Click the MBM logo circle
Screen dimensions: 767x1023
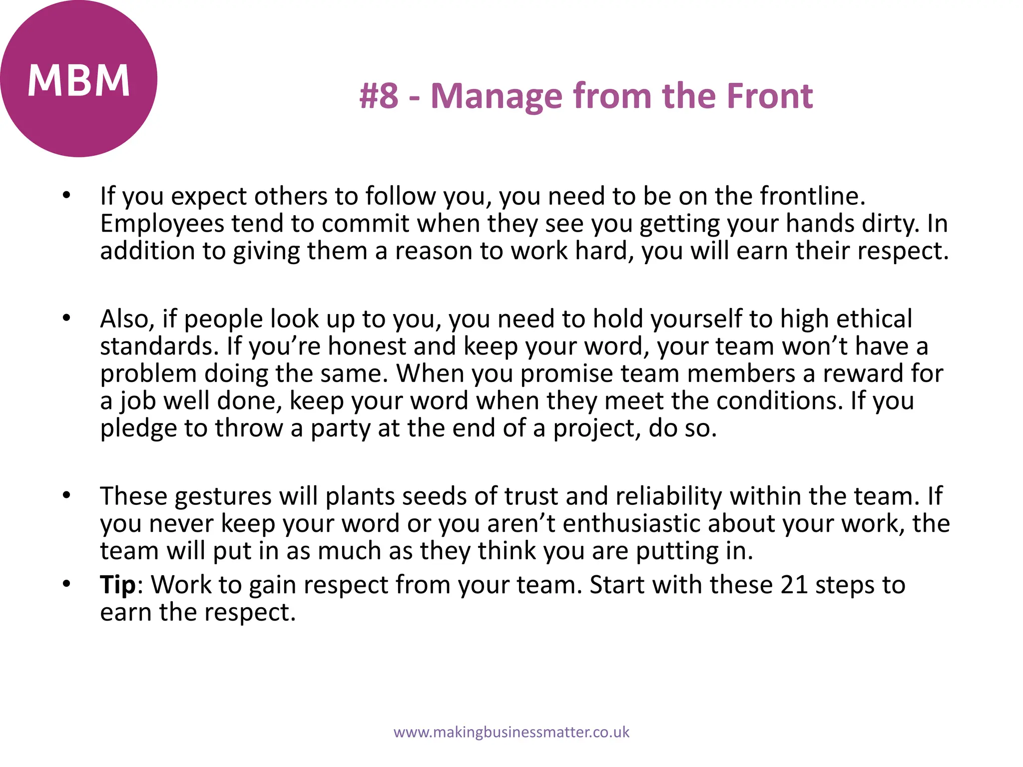click(x=78, y=78)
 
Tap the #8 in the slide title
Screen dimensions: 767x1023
click(x=379, y=96)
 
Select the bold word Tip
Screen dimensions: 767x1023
click(x=118, y=585)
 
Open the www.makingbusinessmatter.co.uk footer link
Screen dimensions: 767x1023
click(x=511, y=733)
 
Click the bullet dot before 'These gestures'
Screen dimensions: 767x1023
click(x=66, y=495)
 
